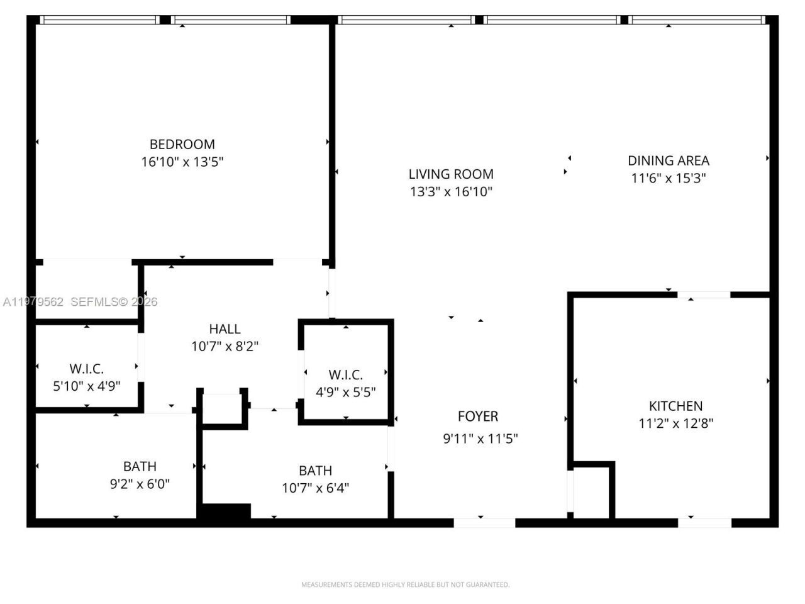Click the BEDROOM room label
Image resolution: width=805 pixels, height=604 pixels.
coord(182,144)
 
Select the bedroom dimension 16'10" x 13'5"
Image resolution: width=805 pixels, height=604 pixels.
coord(182,162)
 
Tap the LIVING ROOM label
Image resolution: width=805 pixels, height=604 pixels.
coord(451,174)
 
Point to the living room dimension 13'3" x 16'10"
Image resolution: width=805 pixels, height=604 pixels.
coord(451,191)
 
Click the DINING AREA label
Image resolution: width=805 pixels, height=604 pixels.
coord(668,160)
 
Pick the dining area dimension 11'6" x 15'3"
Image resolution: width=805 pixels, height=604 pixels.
coord(668,178)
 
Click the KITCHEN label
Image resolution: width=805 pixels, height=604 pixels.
coord(675,406)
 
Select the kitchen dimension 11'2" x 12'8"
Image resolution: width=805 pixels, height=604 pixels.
coord(675,423)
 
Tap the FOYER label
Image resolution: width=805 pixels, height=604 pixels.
coord(478,416)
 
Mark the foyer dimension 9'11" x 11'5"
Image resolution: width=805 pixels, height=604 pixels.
coord(480,439)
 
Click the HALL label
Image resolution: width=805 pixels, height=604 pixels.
coord(225,328)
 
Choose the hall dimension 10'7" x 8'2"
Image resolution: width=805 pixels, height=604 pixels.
coord(225,346)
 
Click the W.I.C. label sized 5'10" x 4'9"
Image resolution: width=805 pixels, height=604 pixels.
coord(86,369)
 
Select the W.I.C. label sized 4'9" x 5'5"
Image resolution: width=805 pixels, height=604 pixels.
coord(345,375)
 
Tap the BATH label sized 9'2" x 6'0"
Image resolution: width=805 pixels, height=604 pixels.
coord(140,466)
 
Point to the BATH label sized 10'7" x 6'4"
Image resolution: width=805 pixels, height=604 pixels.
coord(315,471)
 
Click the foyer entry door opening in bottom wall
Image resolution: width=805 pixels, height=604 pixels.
coord(484,522)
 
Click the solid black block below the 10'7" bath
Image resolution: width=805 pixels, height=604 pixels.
coord(225,512)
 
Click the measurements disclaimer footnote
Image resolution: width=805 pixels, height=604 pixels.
coord(405,584)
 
